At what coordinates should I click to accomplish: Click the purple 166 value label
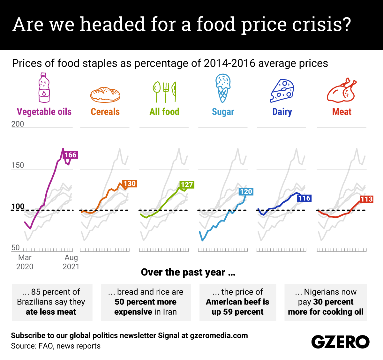(71, 155)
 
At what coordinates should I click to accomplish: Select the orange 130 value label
(130, 184)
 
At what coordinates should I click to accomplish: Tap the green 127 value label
(187, 185)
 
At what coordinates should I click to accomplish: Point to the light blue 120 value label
(246, 191)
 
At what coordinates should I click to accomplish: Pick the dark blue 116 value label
(304, 198)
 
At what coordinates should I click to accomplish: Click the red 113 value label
(366, 199)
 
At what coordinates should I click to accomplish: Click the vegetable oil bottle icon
(44, 88)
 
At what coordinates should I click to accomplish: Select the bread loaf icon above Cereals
(105, 94)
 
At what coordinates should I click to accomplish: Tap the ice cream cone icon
(223, 88)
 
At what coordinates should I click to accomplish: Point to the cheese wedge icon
(282, 91)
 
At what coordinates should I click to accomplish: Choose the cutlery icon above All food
(164, 91)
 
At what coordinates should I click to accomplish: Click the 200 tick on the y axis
(18, 124)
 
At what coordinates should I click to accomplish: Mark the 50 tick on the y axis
(16, 248)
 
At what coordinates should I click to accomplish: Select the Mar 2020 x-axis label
(25, 262)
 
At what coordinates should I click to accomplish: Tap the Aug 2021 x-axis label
(71, 262)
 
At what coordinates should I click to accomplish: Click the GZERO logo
(340, 342)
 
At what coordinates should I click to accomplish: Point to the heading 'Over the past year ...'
(188, 272)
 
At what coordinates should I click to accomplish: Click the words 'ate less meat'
(51, 312)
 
